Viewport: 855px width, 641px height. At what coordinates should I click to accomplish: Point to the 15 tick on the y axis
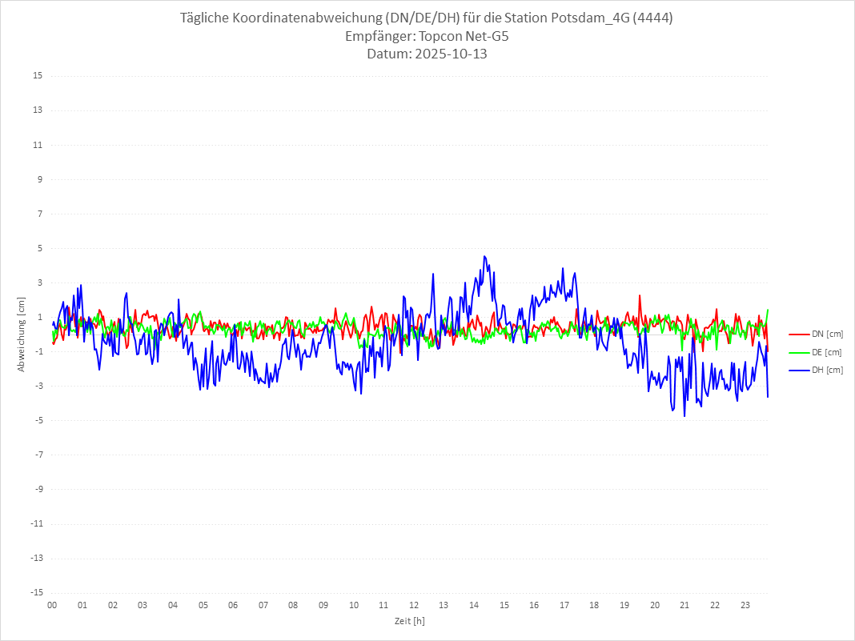(x=38, y=76)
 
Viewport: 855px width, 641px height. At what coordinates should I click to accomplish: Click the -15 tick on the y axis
(x=36, y=592)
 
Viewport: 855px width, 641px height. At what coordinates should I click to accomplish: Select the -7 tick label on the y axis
(x=38, y=455)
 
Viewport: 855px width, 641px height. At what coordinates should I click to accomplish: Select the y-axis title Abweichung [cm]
(x=22, y=334)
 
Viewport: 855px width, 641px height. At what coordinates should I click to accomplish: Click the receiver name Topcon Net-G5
(x=464, y=37)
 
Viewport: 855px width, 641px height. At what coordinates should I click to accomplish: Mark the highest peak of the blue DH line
(x=484, y=256)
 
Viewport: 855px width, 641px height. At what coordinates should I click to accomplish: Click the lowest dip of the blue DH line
(x=684, y=415)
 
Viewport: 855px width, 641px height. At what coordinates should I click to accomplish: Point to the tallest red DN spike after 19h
(x=640, y=295)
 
